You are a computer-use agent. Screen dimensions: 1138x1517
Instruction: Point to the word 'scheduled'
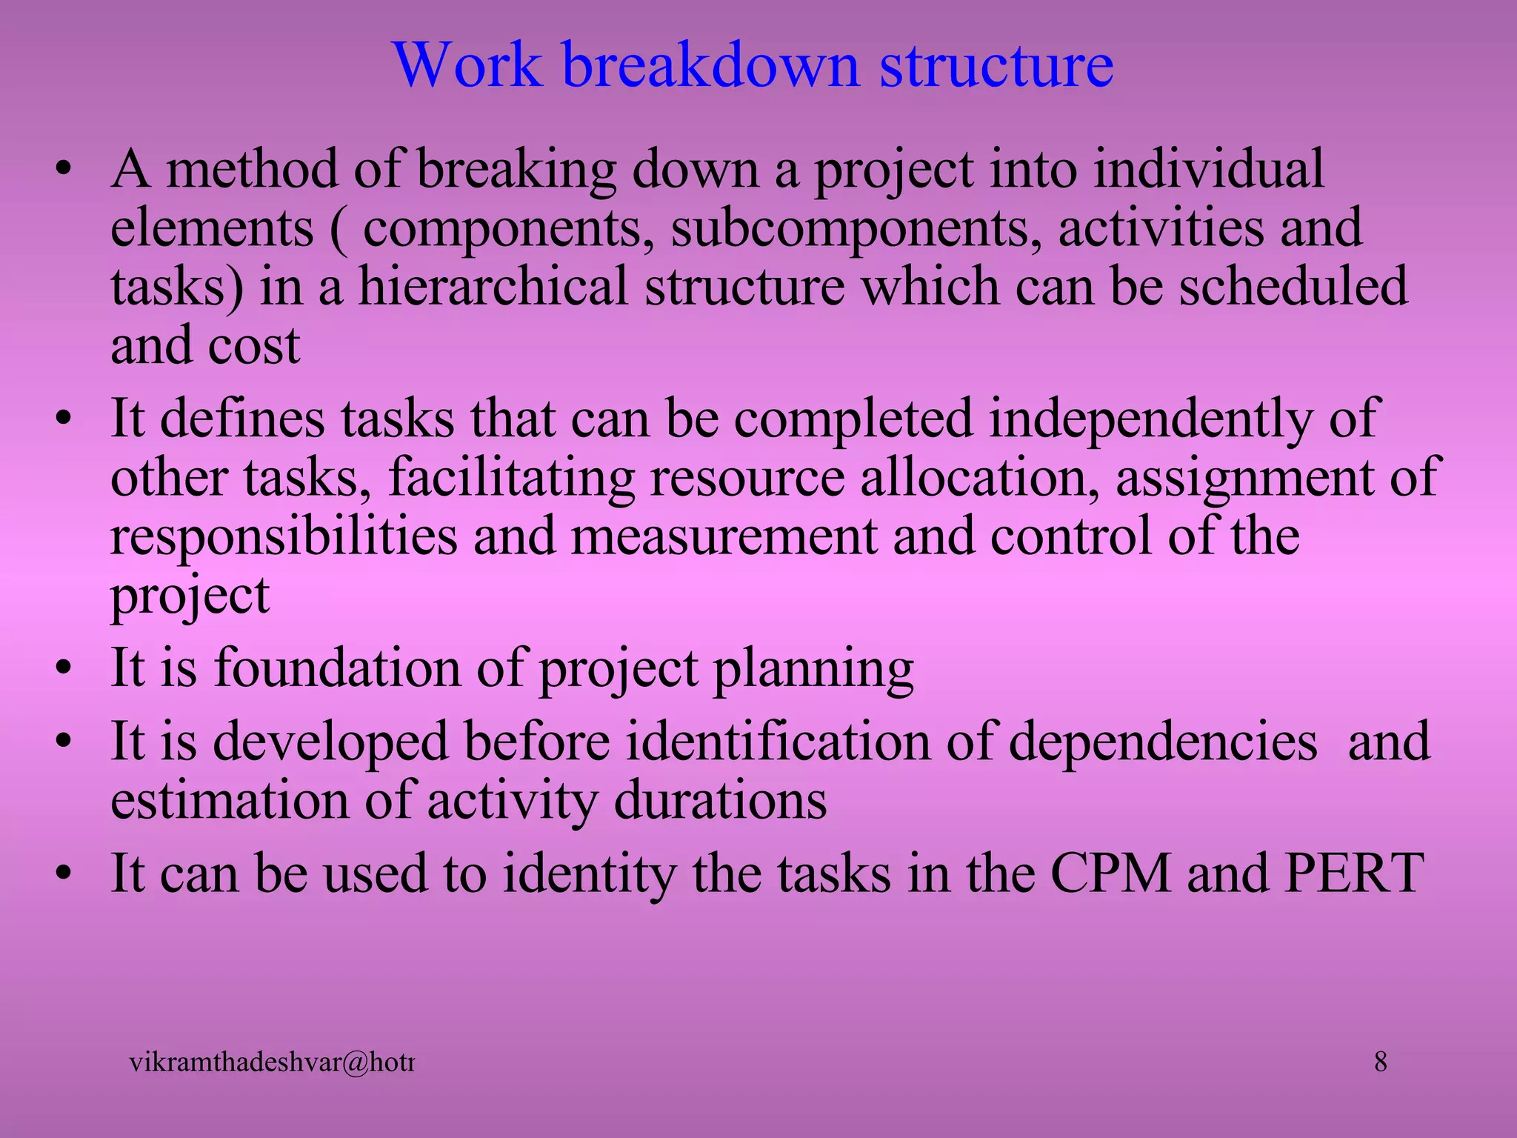[1293, 287]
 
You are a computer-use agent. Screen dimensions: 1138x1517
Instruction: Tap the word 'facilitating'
[511, 477]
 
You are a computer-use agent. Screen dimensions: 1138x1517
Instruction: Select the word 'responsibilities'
[284, 536]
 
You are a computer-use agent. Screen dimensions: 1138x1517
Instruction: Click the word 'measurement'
[724, 536]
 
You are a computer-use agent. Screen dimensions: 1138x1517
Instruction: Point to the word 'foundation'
[337, 668]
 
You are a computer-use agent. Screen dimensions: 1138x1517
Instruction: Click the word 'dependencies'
[1162, 742]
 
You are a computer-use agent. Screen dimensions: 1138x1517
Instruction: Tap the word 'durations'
[720, 801]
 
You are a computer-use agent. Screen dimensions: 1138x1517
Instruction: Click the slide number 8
[1381, 1062]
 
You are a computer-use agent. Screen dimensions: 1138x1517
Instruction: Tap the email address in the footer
[271, 1063]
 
